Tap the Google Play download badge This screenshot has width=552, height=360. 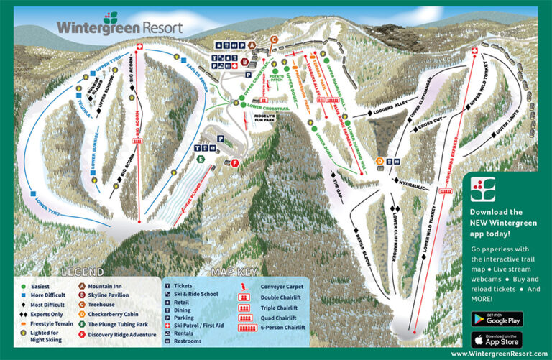(x=497, y=318)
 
